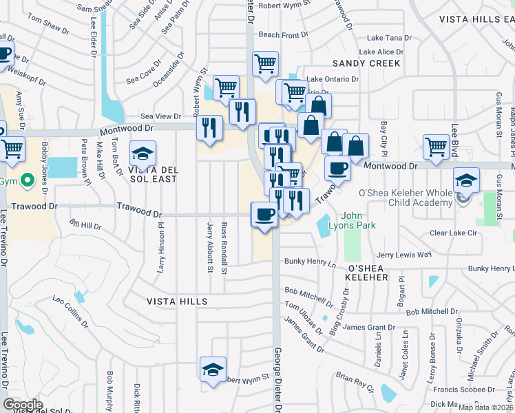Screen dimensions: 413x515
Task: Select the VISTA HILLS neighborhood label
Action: click(177, 301)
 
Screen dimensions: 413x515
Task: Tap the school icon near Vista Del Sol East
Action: click(143, 153)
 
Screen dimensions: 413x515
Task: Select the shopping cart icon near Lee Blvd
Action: click(436, 147)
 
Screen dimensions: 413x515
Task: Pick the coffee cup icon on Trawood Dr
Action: click(264, 215)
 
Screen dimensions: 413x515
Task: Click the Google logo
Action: click(23, 405)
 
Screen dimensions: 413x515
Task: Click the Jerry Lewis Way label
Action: click(403, 254)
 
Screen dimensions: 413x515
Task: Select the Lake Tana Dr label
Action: click(390, 39)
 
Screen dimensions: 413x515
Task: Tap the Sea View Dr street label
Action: click(160, 117)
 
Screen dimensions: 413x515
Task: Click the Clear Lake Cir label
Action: click(452, 233)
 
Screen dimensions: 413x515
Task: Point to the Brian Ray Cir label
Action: click(354, 383)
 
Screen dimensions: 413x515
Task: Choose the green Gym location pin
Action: click(28, 181)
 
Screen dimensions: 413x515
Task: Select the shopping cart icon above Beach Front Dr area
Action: click(265, 64)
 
